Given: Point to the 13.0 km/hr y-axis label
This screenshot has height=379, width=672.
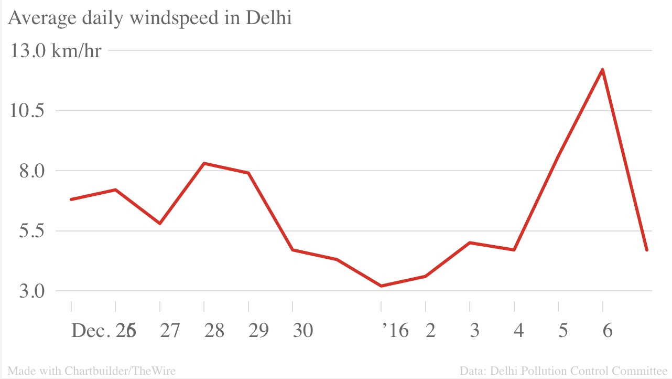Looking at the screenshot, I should pos(56,51).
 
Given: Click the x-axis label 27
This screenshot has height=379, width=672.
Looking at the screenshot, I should pos(169,331).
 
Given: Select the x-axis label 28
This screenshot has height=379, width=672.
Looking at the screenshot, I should pos(214,331).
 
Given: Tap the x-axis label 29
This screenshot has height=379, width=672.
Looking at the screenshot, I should pos(258,331).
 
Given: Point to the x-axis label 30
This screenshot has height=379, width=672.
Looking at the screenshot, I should pos(302,331).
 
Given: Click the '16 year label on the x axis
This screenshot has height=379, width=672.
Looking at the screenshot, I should pos(395,331).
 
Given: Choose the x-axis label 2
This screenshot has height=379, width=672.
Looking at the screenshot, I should pos(430,331).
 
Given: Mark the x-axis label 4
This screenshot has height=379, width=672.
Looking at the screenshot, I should pos(519,331).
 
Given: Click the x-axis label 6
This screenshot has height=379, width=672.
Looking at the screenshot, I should pos(608,331).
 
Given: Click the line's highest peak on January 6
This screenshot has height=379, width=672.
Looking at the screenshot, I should pos(603,69).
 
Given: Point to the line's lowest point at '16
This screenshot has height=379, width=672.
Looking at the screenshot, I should pos(381,286).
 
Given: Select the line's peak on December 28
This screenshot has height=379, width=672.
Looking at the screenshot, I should pos(204,163).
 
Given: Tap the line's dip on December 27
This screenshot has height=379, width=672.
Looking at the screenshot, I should pos(160,224).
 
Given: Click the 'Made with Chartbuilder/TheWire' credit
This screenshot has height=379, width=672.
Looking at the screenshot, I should pos(92,371).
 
